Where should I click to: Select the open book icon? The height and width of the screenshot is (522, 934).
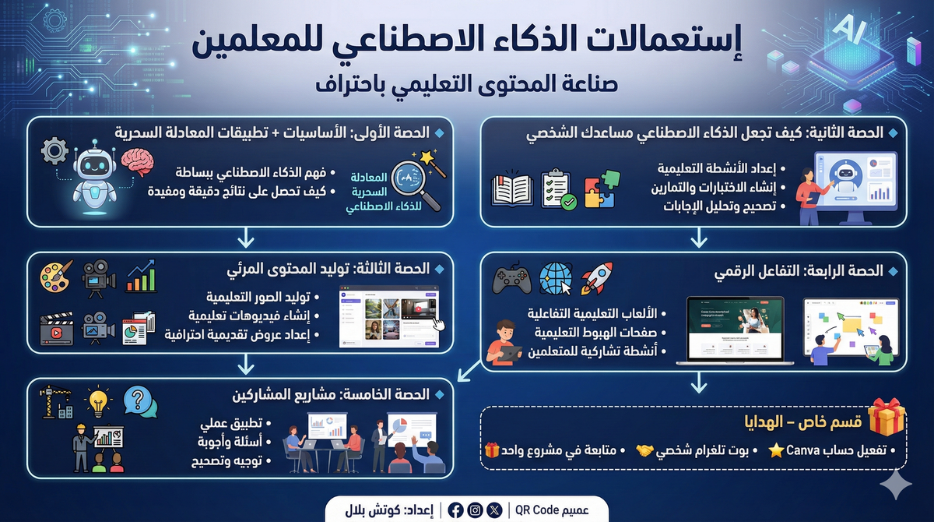512,191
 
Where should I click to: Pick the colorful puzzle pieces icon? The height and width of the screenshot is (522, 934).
602,189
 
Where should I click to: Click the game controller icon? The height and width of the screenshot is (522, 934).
511,278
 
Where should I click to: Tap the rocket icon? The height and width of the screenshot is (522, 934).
597,277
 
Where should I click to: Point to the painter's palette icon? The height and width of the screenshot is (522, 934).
56,276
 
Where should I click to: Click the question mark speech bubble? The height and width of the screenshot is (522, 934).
140,401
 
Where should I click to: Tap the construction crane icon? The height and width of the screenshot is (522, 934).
56,401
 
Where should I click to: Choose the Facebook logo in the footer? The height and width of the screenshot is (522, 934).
455,510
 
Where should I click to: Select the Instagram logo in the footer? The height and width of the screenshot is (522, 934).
475,510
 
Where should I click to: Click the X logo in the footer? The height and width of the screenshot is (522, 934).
494,510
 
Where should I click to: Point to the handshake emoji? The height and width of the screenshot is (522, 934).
644,450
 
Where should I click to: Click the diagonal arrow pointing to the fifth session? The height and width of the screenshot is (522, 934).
469,371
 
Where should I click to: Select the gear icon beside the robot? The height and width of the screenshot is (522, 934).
54,150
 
